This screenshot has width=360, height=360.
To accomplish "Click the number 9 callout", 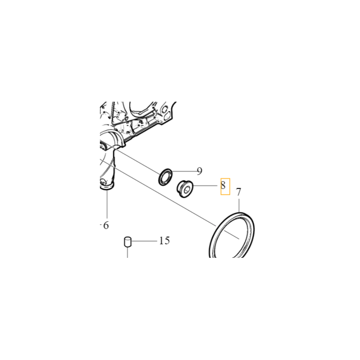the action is click(x=199, y=171).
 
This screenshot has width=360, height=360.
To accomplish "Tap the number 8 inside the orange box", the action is click(x=223, y=185).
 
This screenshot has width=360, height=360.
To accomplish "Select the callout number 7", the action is click(x=238, y=192).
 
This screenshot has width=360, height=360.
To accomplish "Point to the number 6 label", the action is click(x=106, y=225).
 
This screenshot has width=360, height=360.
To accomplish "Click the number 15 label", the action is click(x=164, y=241).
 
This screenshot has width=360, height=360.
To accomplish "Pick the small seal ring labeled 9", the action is click(x=165, y=177).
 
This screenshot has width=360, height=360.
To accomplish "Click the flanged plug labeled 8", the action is click(x=185, y=189).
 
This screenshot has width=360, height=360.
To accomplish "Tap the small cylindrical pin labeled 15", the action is click(x=127, y=242).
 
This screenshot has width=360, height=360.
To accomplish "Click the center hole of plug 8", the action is click(x=187, y=190).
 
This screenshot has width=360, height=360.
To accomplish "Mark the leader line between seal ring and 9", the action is click(x=184, y=171).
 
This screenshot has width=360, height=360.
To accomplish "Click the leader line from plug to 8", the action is click(x=205, y=186).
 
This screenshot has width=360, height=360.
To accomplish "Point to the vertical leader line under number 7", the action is click(x=239, y=206).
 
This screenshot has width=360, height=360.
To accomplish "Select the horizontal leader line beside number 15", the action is click(x=144, y=241).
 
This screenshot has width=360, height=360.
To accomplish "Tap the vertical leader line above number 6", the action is click(x=107, y=204).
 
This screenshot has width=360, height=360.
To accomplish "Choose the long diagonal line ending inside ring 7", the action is click(x=170, y=198).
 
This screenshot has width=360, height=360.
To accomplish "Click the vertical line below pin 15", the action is click(x=127, y=252).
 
